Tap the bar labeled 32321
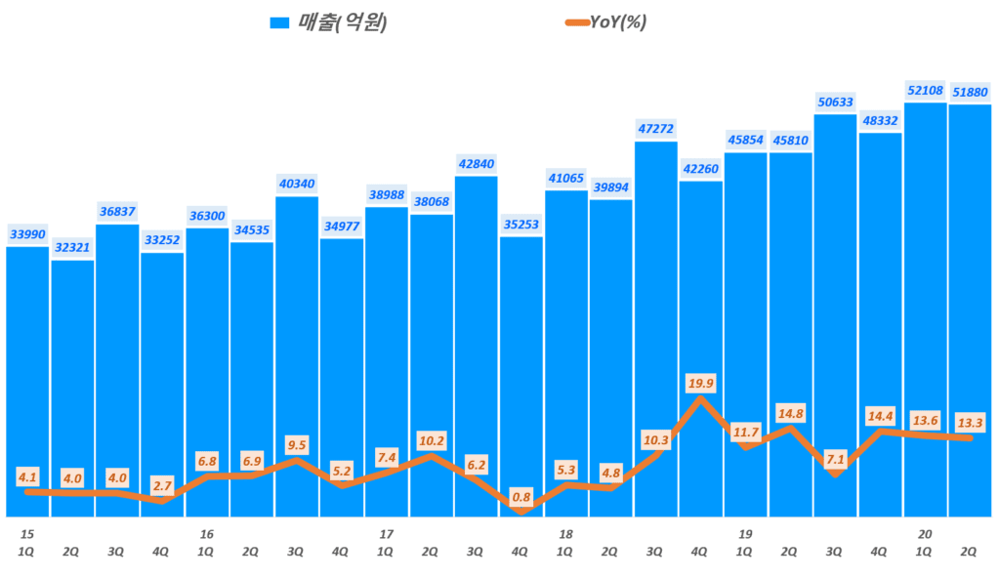coord(72,381)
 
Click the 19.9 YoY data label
coord(700,382)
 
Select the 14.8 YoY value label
coord(790,412)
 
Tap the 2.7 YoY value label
coord(162,484)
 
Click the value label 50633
coord(835,102)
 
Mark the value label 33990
coord(27,234)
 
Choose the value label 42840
coord(476,164)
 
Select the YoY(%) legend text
coord(618,22)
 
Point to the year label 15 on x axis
coord(27,534)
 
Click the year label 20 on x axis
coord(925,534)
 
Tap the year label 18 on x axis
coord(565,534)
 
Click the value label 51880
coord(970,92)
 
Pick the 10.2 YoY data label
coord(431,439)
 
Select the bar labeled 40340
coord(296,351)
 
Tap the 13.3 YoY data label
coord(970,422)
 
